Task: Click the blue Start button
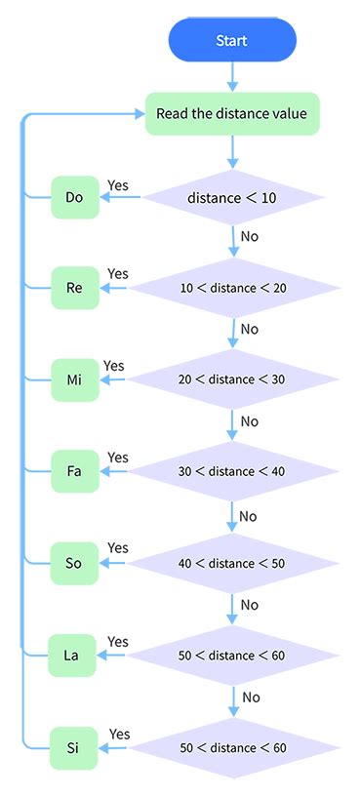coord(232,41)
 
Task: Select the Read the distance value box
coord(232,114)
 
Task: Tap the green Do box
coord(75,198)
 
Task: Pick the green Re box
coord(75,288)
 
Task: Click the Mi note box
coord(75,379)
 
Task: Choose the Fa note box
coord(75,471)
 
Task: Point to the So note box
coord(75,563)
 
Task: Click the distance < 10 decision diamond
coord(232,198)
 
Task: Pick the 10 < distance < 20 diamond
coord(232,288)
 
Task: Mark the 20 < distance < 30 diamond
coord(232,379)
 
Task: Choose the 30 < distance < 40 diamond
coord(232,471)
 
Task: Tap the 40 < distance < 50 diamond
coord(232,563)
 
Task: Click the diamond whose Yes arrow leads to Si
coord(232,747)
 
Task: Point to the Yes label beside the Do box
coord(118,184)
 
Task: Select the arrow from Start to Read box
coord(232,76)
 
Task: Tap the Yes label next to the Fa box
coord(118,458)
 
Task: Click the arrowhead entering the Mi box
coord(104,379)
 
